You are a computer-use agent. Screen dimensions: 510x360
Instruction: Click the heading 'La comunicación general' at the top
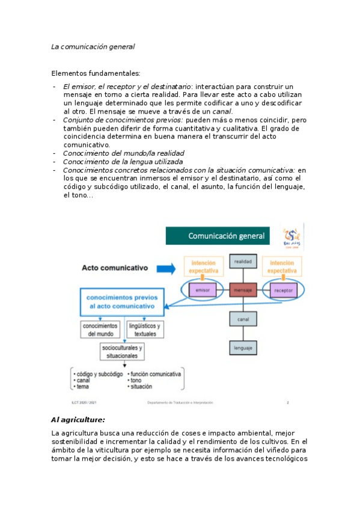93,46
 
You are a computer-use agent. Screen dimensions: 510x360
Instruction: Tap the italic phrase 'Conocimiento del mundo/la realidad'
123,153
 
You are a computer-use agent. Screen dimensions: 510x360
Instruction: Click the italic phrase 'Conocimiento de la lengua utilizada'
123,162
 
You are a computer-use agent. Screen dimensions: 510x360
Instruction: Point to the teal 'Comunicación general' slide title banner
222,236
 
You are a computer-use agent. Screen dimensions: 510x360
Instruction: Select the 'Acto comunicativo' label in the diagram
115,268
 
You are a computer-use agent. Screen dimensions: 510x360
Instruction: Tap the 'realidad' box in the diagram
243,262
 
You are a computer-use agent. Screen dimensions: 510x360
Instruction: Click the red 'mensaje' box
243,291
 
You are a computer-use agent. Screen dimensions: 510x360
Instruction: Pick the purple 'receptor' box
283,290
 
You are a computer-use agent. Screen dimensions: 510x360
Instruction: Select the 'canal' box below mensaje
243,319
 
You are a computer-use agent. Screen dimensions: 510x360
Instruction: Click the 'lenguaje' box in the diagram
243,348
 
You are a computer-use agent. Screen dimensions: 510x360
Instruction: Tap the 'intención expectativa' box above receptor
282,267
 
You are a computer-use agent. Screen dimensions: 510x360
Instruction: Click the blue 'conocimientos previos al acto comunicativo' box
121,301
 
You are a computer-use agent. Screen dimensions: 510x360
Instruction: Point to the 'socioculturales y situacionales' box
122,352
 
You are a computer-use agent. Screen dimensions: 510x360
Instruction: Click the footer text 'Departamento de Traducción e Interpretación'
180,402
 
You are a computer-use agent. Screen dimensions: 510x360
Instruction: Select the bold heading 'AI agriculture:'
78,419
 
